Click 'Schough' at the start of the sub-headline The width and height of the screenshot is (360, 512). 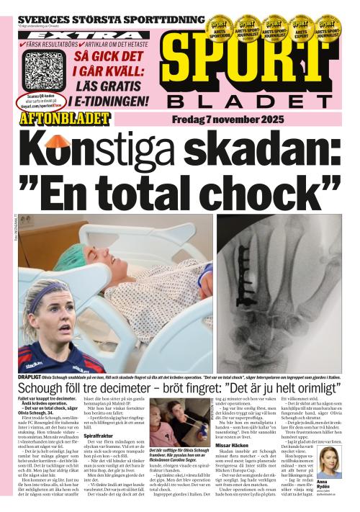(43, 390)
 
